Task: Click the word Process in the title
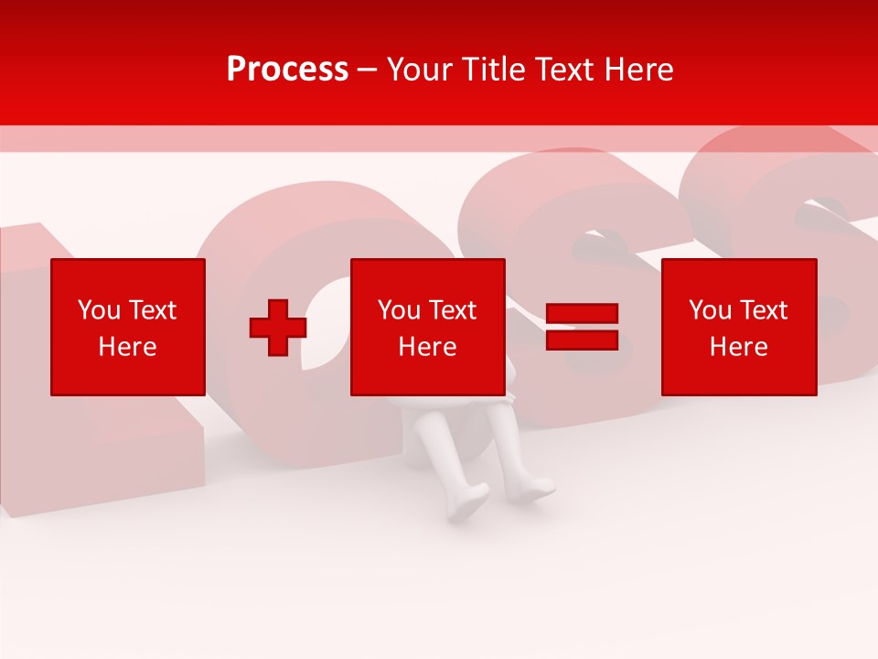287,70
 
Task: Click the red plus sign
278,328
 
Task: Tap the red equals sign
582,327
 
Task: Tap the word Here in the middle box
428,347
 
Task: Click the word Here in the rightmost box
739,347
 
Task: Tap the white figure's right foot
532,489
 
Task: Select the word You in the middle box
399,310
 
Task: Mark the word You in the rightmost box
710,310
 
